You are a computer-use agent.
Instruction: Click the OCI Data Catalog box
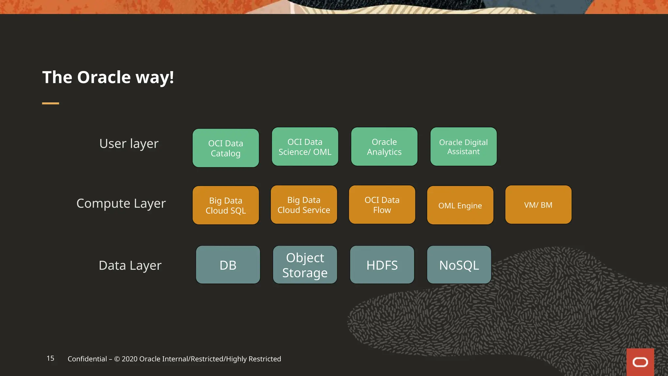tap(226, 148)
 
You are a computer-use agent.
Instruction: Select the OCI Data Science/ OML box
tap(305, 147)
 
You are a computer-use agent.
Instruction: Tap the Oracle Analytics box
tap(384, 147)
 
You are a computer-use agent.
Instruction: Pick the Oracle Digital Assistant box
tap(463, 147)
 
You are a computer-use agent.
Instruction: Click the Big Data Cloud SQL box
tap(226, 205)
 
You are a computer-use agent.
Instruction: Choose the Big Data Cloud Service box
tap(304, 205)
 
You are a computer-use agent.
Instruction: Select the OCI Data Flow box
tap(382, 205)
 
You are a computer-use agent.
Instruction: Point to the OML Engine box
tap(460, 205)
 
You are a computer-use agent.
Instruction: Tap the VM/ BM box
tap(538, 205)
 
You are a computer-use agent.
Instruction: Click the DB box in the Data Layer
tap(228, 265)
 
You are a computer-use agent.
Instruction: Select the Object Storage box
tap(305, 265)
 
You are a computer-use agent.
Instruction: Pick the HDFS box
tap(382, 265)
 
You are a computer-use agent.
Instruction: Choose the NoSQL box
tap(459, 265)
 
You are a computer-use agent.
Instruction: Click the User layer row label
tap(129, 144)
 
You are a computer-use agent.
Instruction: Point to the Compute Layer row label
tap(121, 203)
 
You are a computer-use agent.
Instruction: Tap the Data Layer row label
tap(130, 265)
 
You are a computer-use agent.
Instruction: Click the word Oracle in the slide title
tap(104, 77)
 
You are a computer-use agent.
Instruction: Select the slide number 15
tap(51, 358)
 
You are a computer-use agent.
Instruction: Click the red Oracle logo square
tap(640, 362)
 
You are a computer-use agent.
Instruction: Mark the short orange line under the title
tap(51, 103)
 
